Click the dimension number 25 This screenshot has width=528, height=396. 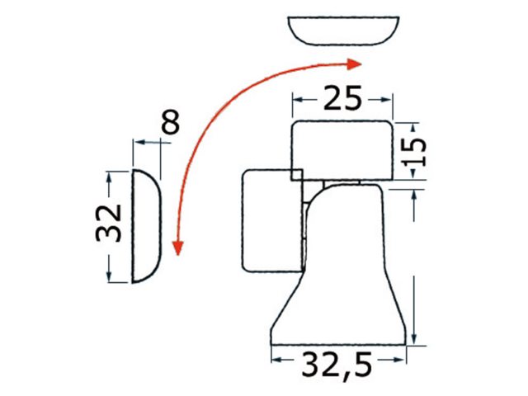(342, 98)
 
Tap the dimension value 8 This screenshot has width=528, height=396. (171, 121)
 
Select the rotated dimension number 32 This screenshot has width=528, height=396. (108, 223)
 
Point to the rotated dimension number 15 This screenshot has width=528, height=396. (415, 152)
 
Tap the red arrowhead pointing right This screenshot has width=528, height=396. (354, 64)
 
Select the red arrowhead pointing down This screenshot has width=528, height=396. (177, 248)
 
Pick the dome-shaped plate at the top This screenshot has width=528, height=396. (343, 31)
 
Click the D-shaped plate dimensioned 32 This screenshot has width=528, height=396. (147, 225)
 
